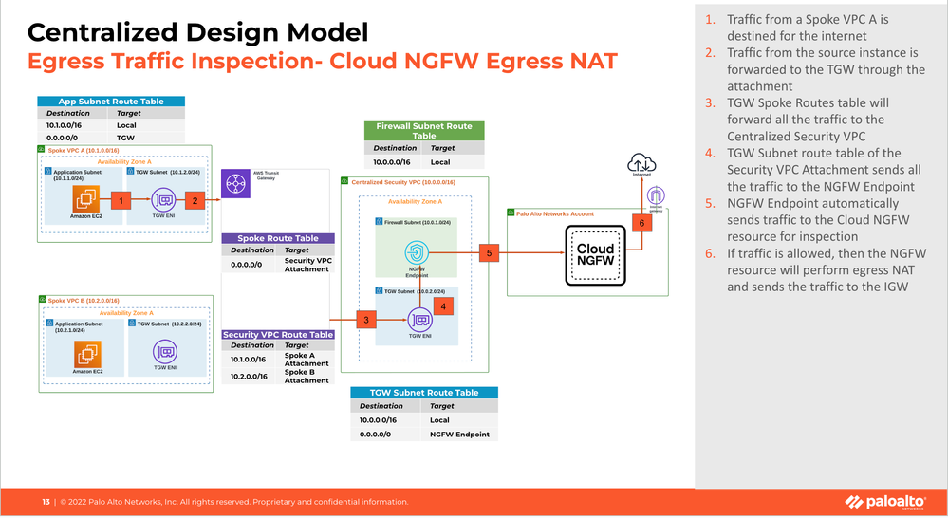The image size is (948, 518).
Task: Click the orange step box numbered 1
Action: click(x=121, y=200)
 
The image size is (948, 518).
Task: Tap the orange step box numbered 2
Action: click(x=195, y=200)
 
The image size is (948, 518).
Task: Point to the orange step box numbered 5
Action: click(x=489, y=253)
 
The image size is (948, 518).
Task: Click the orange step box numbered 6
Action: click(x=641, y=224)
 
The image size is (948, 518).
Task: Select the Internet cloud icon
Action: click(x=641, y=164)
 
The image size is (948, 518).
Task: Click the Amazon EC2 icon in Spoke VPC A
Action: click(x=88, y=200)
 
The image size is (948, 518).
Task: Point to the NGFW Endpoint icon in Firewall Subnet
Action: click(x=418, y=253)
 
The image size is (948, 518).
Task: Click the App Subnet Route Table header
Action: click(x=111, y=102)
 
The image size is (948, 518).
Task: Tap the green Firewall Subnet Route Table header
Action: click(x=424, y=131)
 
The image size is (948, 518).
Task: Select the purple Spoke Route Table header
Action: click(x=278, y=238)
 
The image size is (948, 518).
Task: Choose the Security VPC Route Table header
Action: click(x=278, y=335)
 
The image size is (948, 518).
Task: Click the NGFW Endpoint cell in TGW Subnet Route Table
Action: click(x=459, y=434)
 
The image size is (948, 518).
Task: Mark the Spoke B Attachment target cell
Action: click(x=307, y=376)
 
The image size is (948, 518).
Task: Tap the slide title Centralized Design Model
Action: click(x=198, y=33)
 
